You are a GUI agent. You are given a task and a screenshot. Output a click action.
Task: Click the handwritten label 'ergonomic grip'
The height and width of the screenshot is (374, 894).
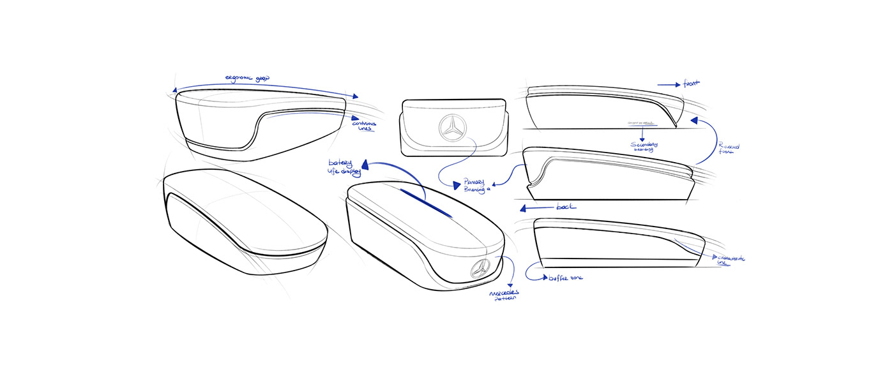pyautogui.click(x=247, y=79)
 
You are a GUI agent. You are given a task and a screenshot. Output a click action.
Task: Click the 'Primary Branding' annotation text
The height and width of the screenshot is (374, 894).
pyautogui.click(x=474, y=184)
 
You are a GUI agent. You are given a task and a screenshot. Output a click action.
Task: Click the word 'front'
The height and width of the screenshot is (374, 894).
pyautogui.click(x=691, y=83)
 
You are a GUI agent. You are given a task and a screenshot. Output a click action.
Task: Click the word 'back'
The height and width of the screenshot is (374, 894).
pyautogui.click(x=566, y=207)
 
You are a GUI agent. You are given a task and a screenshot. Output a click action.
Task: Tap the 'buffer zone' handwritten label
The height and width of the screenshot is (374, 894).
pyautogui.click(x=565, y=278)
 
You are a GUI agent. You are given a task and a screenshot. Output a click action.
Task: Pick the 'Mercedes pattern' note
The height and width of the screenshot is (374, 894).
pyautogui.click(x=504, y=295)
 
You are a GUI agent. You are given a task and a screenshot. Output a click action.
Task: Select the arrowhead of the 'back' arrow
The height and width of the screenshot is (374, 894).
pyautogui.click(x=524, y=208)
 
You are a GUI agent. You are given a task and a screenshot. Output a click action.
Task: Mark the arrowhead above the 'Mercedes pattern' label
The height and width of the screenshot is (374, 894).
pyautogui.click(x=510, y=285)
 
